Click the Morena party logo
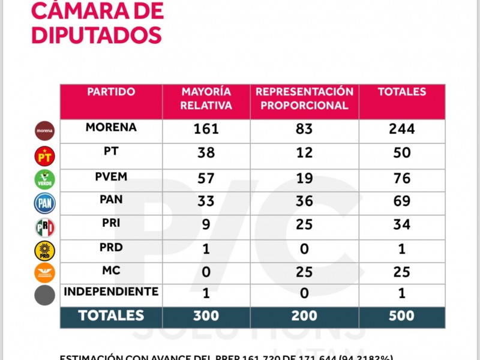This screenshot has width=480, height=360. (x=44, y=130)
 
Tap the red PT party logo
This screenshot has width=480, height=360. (x=44, y=156)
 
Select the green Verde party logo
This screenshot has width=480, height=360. (x=44, y=179)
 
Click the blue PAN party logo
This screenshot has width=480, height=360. (x=44, y=203)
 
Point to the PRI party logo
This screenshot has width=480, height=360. (x=44, y=227)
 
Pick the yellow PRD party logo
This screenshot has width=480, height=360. (x=44, y=251)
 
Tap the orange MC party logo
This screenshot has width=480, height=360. (x=44, y=273)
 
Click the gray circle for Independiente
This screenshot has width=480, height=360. (x=44, y=295)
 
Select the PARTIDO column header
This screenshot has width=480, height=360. (x=111, y=92)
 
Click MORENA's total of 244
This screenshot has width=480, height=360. (x=402, y=129)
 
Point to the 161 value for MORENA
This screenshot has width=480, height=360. (x=206, y=129)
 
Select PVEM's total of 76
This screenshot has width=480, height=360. (x=402, y=178)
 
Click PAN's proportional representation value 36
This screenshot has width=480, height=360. (x=304, y=201)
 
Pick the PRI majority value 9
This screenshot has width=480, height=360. (x=206, y=225)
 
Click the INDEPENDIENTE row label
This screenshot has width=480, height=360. (x=111, y=292)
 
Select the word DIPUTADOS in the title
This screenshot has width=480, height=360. (x=96, y=34)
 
